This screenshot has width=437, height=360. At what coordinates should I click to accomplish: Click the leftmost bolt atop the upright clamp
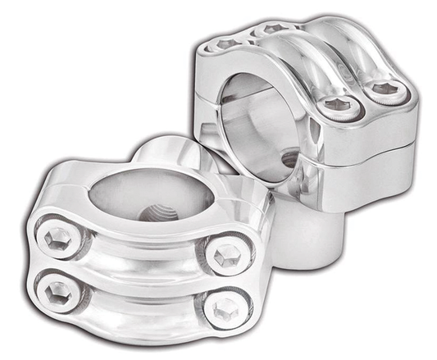coord(228,43)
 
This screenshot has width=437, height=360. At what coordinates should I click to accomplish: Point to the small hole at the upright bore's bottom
coord(289,159)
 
